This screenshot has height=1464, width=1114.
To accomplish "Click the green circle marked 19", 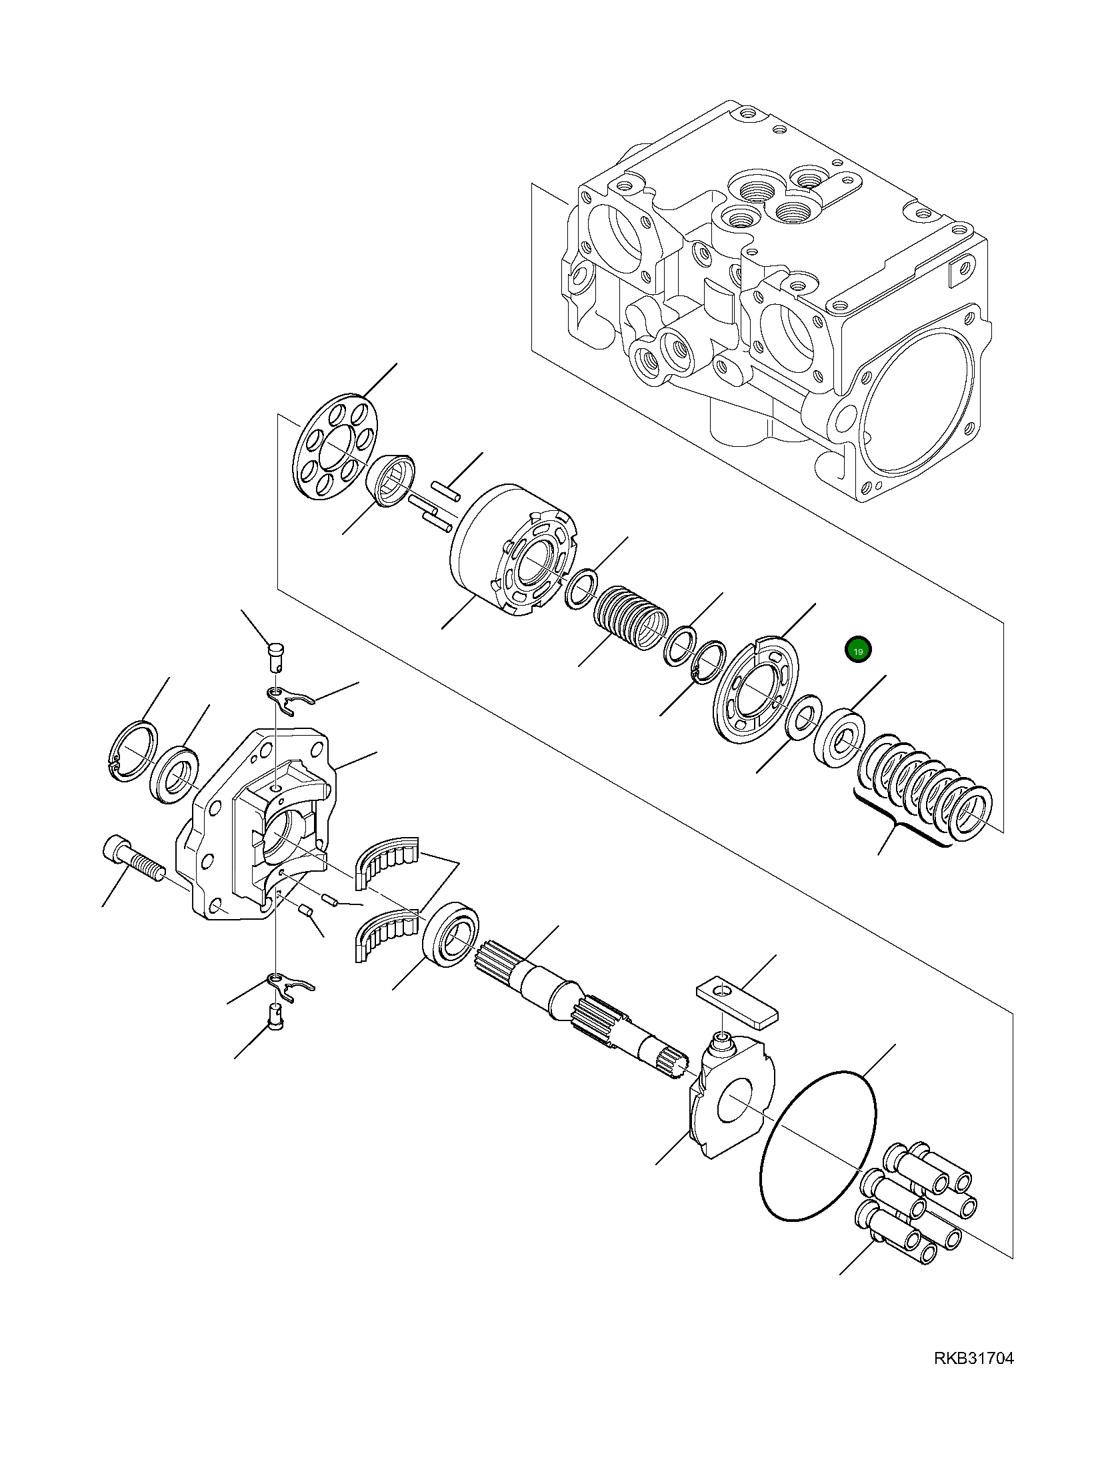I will pyautogui.click(x=857, y=650).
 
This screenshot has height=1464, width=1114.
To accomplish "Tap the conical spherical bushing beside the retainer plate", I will pyautogui.click(x=392, y=480).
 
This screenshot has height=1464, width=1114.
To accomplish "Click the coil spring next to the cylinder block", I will pyautogui.click(x=630, y=618).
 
